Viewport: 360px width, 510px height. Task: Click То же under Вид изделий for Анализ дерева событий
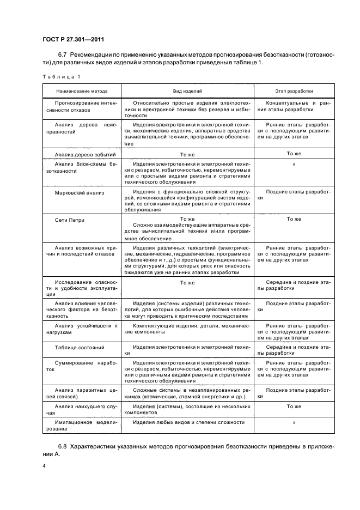tap(187, 154)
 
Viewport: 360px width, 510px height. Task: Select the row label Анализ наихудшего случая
tap(81, 409)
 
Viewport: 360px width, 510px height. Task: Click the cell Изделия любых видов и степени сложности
tap(187, 422)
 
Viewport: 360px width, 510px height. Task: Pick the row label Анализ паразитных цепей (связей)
tap(81, 393)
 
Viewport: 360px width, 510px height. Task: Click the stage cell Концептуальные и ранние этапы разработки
tap(294, 106)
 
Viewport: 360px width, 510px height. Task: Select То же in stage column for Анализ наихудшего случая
tap(294, 406)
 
